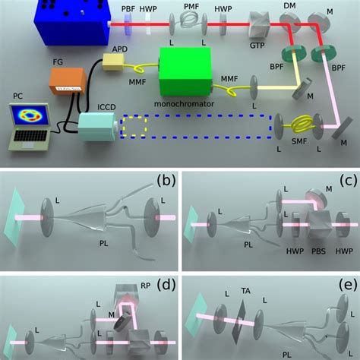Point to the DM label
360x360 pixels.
point(289,5)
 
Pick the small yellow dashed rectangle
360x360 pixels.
point(133,128)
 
